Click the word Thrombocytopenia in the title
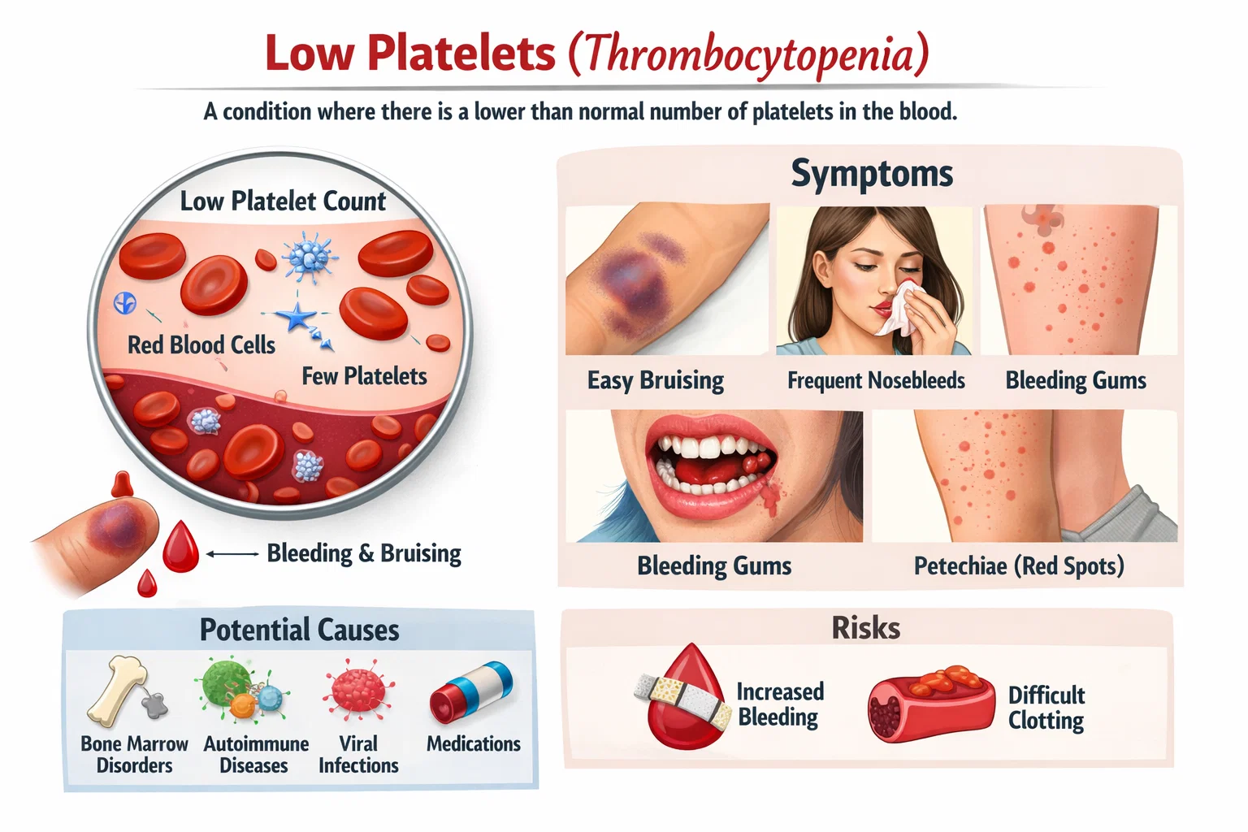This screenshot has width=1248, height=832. pyautogui.click(x=748, y=54)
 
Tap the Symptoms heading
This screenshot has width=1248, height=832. pyautogui.click(x=872, y=173)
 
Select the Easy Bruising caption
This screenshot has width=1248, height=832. pyautogui.click(x=656, y=380)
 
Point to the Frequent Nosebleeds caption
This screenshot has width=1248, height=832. pyautogui.click(x=876, y=380)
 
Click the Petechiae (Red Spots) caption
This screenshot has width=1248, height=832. pyautogui.click(x=1019, y=565)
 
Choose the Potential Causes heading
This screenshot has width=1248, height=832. pyautogui.click(x=299, y=630)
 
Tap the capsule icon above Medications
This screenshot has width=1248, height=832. pyautogui.click(x=471, y=691)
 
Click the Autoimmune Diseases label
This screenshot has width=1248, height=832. pyautogui.click(x=255, y=754)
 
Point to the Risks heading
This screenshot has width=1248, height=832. pyautogui.click(x=865, y=628)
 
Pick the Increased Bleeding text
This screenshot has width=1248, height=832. pyautogui.click(x=779, y=704)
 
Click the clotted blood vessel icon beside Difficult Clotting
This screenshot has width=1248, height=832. pyautogui.click(x=930, y=704)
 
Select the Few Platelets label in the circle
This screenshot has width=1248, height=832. pyautogui.click(x=364, y=376)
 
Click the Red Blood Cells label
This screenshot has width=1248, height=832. pyautogui.click(x=201, y=344)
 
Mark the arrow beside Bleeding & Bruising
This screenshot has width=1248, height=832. pyautogui.click(x=232, y=554)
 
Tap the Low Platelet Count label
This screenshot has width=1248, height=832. pyautogui.click(x=283, y=201)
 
